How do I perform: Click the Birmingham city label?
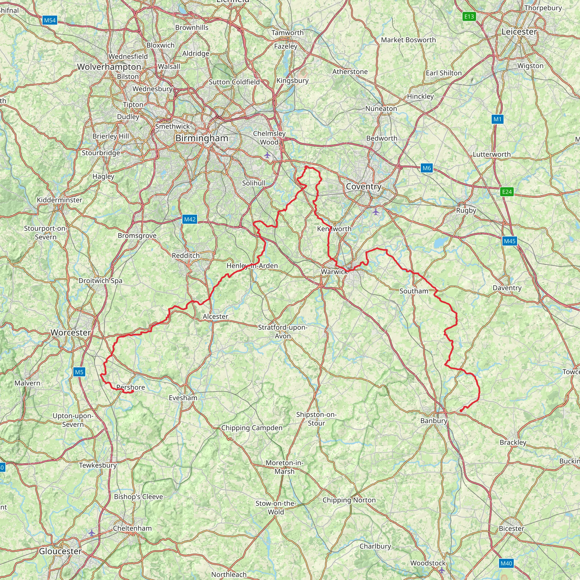click(202, 138)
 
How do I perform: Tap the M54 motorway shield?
click(50, 20)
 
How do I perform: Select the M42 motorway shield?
click(190, 219)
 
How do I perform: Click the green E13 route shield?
click(469, 16)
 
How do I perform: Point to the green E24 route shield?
click(507, 192)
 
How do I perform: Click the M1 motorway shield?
click(497, 119)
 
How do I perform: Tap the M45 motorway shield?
click(509, 241)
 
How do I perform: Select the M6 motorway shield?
click(427, 168)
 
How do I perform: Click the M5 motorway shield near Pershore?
click(79, 372)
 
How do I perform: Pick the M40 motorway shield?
click(506, 564)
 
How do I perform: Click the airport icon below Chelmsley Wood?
click(267, 155)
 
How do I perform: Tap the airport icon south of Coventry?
click(376, 212)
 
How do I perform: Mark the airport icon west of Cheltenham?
click(91, 533)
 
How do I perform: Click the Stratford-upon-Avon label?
click(283, 331)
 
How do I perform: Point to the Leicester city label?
click(519, 31)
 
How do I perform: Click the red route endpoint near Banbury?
click(461, 411)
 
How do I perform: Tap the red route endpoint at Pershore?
click(132, 391)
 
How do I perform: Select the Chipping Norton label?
click(349, 500)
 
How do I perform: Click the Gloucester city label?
click(60, 551)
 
